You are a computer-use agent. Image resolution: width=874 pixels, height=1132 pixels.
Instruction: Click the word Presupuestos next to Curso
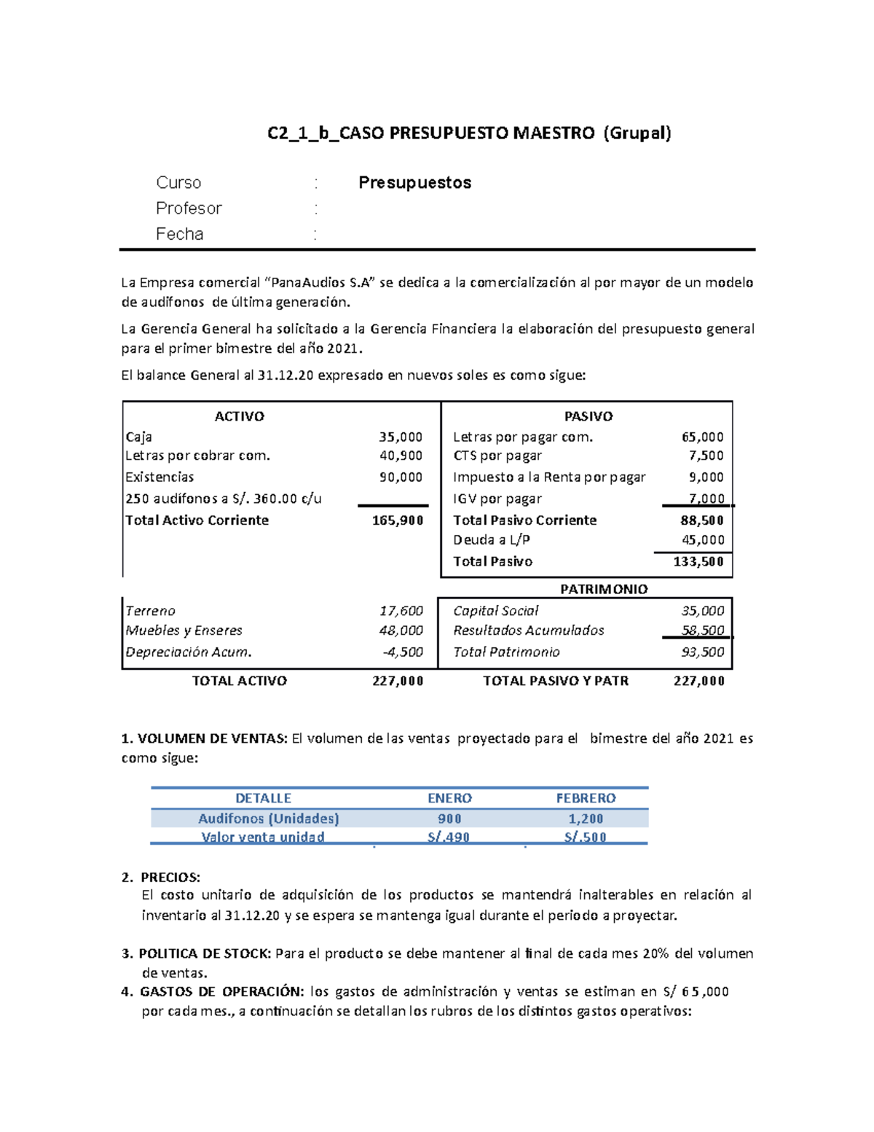pyautogui.click(x=414, y=182)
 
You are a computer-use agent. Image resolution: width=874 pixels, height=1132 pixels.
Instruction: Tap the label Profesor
pyautogui.click(x=189, y=208)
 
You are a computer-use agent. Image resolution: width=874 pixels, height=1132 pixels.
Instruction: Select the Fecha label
pyautogui.click(x=179, y=234)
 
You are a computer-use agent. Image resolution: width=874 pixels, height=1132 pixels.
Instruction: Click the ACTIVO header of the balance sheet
pyautogui.click(x=239, y=416)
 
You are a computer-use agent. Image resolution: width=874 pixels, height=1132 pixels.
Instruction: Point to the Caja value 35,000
pyautogui.click(x=401, y=437)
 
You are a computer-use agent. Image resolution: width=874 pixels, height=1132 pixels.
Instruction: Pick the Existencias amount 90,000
pyautogui.click(x=401, y=477)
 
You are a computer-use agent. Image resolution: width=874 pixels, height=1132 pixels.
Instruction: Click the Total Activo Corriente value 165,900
pyautogui.click(x=398, y=520)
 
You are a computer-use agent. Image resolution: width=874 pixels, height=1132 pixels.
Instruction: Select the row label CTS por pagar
pyautogui.click(x=497, y=456)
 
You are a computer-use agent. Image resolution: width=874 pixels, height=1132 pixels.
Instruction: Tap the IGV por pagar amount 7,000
pyautogui.click(x=706, y=499)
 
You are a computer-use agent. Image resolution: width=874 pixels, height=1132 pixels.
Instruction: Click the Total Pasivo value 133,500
pyautogui.click(x=698, y=561)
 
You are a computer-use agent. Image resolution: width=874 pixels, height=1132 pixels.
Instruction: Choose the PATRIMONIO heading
pyautogui.click(x=604, y=589)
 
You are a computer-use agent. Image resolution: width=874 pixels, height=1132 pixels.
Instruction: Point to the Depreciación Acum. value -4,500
pyautogui.click(x=403, y=652)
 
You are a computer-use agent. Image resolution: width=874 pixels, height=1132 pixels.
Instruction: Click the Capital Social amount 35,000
pyautogui.click(x=703, y=611)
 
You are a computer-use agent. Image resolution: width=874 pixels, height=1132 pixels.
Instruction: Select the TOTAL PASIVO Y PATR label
pyautogui.click(x=556, y=681)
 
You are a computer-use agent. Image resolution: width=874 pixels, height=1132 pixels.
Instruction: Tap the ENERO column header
pyautogui.click(x=449, y=798)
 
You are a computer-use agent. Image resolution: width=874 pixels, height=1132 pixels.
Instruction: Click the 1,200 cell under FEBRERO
pyautogui.click(x=586, y=819)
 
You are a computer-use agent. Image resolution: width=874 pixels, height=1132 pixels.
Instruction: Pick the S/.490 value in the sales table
pyautogui.click(x=449, y=837)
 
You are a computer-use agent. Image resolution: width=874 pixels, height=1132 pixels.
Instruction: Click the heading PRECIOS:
pyautogui.click(x=170, y=877)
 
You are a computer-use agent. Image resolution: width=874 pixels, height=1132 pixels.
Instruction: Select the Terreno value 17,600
pyautogui.click(x=401, y=611)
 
